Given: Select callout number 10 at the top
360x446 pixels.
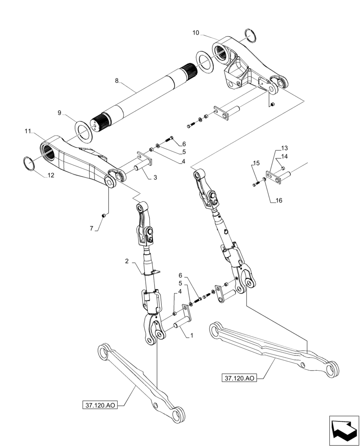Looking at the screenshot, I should [196, 33].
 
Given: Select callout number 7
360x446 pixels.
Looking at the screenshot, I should [91, 228].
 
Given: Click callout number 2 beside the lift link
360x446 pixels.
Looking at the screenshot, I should [127, 261].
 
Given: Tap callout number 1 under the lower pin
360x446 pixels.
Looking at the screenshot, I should [192, 334].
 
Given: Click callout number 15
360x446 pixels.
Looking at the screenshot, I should [256, 165].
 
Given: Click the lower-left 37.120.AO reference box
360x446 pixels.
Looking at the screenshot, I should [99, 405].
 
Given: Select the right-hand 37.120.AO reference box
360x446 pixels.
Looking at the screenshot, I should [239, 378].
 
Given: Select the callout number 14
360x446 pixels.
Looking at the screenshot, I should [284, 156].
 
